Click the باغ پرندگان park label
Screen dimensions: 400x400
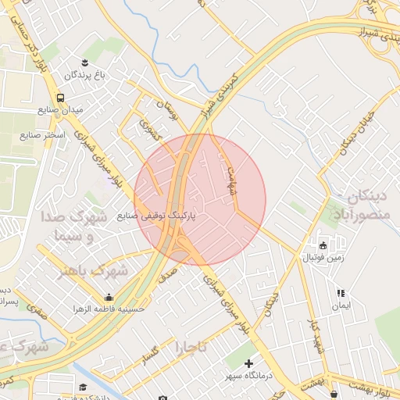click(84, 75)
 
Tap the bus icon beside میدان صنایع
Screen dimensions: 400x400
click(61, 98)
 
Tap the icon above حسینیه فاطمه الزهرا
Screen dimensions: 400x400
click(109, 297)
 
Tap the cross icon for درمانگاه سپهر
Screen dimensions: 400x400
click(248, 363)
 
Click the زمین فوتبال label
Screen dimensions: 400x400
click(323, 257)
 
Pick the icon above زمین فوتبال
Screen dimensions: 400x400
click(323, 245)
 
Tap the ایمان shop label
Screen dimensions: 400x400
click(340, 306)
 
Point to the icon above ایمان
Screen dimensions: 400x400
click(340, 294)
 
